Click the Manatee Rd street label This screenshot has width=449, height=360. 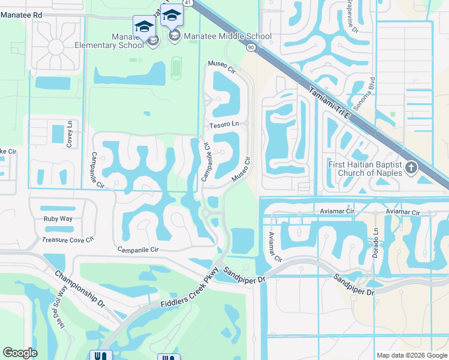[22, 14]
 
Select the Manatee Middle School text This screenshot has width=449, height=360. [228, 36]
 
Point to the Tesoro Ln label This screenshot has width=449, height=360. [224, 125]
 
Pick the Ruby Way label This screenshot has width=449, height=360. [58, 219]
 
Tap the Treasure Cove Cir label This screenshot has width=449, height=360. [68, 240]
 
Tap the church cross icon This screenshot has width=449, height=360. [411, 167]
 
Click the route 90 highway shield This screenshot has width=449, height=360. [250, 47]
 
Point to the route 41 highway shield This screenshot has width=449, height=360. [188, 3]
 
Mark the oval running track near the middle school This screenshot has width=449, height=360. [175, 68]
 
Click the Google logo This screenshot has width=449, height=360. [20, 353]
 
